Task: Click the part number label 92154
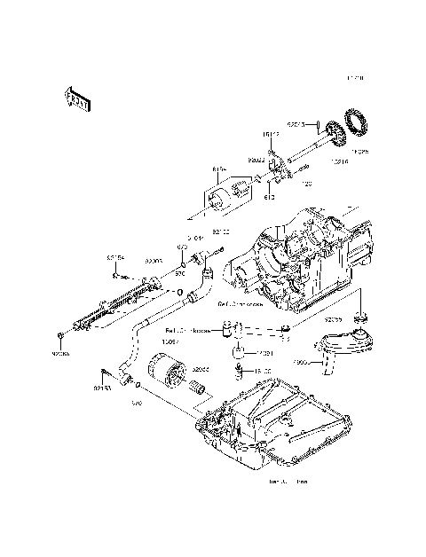tap(116, 257)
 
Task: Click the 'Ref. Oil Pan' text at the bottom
tap(288, 483)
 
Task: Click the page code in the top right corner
tap(356, 78)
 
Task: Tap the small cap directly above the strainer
tap(360, 317)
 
